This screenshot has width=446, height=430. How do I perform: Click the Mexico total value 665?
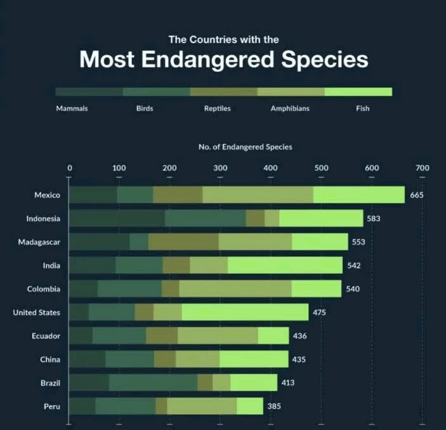416,195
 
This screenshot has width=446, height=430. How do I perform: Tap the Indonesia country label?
43,218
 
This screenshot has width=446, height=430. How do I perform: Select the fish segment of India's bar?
285,265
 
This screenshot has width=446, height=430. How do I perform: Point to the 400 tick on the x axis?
271,168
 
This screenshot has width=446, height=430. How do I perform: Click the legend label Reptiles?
217,109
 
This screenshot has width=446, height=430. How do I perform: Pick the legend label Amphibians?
290,109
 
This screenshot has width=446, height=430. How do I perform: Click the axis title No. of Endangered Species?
246,147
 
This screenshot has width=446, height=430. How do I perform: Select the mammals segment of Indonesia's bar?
117,218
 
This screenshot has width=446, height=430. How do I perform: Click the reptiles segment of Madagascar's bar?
183,242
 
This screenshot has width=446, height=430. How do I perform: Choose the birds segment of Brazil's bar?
153,383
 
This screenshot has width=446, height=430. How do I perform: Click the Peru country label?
51,406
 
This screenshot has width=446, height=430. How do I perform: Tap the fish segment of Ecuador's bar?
273,336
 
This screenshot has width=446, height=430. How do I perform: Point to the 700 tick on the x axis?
423,168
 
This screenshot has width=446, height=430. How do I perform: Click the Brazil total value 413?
287,383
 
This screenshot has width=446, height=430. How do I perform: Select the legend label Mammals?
72,109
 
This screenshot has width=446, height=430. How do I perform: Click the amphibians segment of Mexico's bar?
258,195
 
